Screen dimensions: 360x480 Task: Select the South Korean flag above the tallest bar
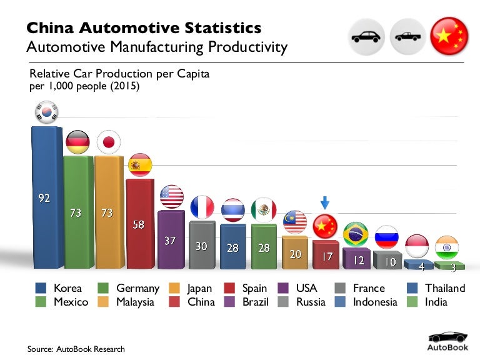pyautogui.click(x=45, y=113)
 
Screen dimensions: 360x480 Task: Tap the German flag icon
pyautogui.click(x=77, y=142)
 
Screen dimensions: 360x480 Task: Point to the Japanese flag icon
pyautogui.click(x=108, y=142)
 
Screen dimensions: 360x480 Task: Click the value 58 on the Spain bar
pyautogui.click(x=139, y=224)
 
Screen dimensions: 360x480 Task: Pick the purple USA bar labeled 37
pyautogui.click(x=170, y=241)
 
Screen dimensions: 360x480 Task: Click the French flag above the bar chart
pyautogui.click(x=201, y=207)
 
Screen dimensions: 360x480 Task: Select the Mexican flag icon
pyautogui.click(x=263, y=210)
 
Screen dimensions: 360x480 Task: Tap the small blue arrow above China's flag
pyautogui.click(x=324, y=203)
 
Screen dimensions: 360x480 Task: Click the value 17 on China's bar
pyautogui.click(x=325, y=256)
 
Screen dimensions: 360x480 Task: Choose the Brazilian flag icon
pyautogui.click(x=356, y=233)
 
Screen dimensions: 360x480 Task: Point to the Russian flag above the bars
pyautogui.click(x=386, y=237)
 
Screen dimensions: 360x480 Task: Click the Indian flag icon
pyautogui.click(x=446, y=247)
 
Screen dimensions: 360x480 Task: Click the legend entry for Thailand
pyautogui.click(x=437, y=288)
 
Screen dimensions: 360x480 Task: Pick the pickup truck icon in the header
pyautogui.click(x=407, y=36)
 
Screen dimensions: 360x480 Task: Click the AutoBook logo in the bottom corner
pyautogui.click(x=446, y=341)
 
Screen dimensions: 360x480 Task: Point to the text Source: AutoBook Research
pyautogui.click(x=76, y=349)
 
